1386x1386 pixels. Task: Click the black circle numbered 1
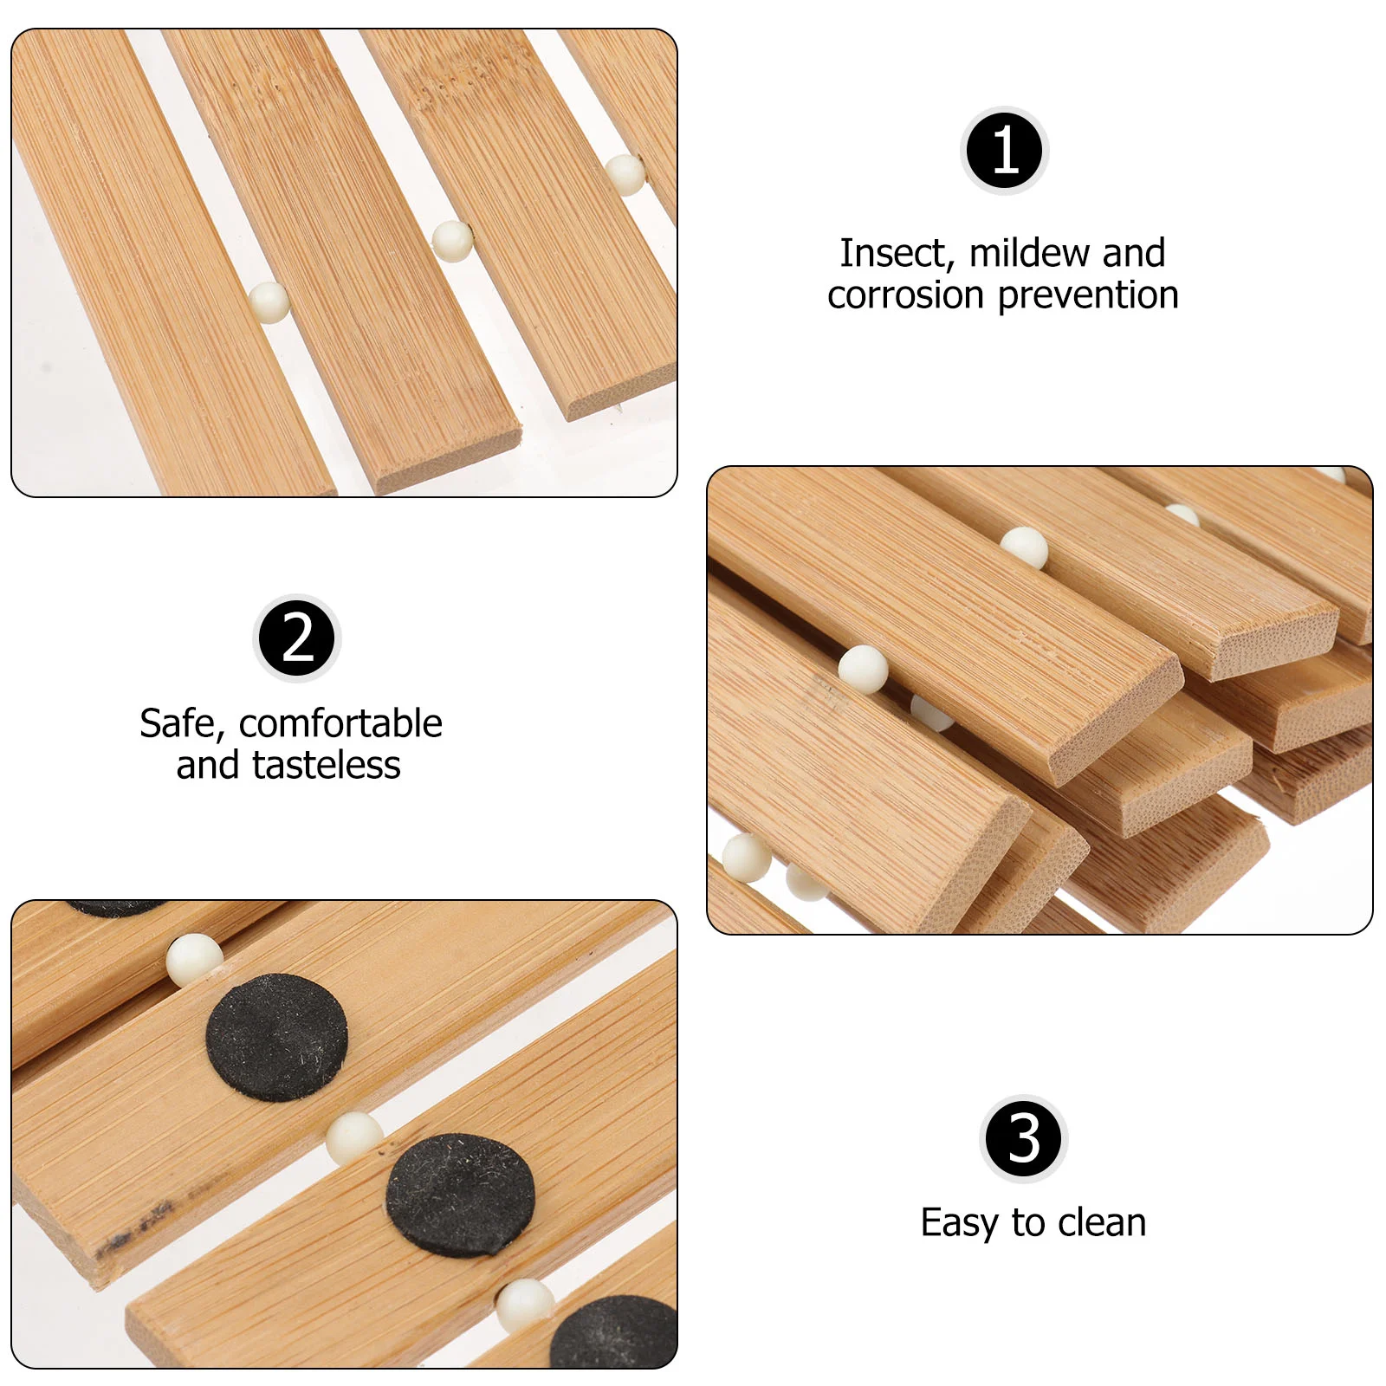(x=1004, y=151)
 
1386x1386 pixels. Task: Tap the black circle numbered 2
(x=297, y=638)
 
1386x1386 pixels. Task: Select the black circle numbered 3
(x=1023, y=1138)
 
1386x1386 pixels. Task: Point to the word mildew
(x=1029, y=253)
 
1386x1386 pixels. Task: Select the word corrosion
(x=906, y=295)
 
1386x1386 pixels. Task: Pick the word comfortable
(x=340, y=723)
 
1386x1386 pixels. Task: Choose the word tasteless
(x=326, y=766)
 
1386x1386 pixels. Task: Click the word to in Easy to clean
(x=1028, y=1223)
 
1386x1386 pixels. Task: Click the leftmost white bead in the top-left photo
(x=269, y=302)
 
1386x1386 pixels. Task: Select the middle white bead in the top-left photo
(x=452, y=241)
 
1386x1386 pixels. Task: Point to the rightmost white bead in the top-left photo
(x=625, y=174)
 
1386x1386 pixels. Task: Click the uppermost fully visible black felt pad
(x=276, y=1037)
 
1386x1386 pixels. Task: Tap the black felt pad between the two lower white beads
(x=460, y=1195)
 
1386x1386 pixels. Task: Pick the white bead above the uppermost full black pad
(x=193, y=960)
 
